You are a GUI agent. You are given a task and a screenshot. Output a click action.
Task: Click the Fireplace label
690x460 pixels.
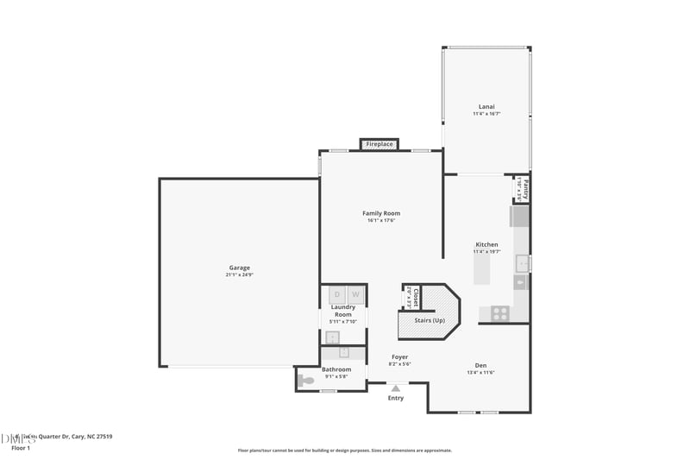379,144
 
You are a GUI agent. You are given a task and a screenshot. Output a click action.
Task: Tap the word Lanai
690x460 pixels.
486,107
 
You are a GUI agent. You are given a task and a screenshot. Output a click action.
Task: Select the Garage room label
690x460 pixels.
239,268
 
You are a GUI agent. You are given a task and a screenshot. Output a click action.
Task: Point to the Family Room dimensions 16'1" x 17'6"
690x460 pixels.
380,221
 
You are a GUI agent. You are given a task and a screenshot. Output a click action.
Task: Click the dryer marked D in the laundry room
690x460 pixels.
337,295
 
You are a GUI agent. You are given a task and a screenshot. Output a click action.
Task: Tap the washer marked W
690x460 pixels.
354,295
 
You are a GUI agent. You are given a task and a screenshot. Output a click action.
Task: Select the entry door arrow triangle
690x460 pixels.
396,389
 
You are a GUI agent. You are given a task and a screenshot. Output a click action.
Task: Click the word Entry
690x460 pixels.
396,398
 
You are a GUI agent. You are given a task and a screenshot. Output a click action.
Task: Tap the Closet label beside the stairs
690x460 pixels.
415,298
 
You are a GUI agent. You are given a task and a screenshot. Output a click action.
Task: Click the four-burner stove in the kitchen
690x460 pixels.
500,312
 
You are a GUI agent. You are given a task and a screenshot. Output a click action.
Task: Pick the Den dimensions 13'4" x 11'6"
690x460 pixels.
482,372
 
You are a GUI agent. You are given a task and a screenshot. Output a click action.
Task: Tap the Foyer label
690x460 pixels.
399,356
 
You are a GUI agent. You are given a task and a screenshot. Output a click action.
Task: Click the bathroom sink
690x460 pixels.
344,352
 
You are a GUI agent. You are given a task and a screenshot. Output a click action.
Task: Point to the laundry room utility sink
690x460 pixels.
332,337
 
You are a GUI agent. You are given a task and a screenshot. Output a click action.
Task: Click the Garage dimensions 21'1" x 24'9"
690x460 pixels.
239,275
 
